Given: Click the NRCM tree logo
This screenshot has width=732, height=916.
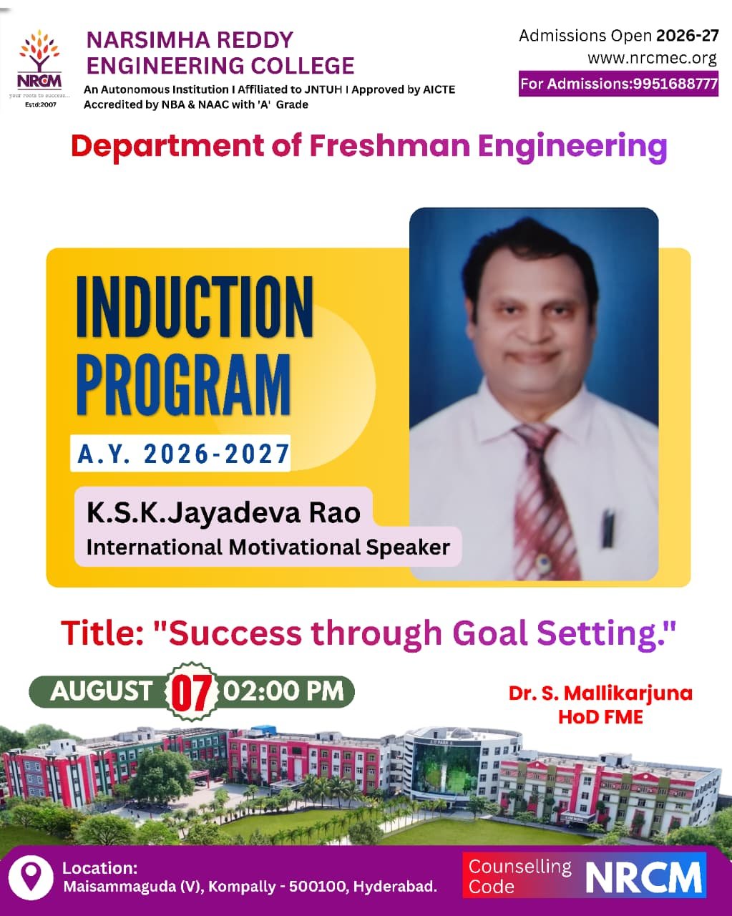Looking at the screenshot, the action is [39, 68].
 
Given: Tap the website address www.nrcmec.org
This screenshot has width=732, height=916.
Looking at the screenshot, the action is [653, 58].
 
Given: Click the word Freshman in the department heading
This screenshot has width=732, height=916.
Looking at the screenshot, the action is [390, 145].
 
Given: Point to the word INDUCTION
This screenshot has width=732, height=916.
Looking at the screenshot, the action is [195, 306].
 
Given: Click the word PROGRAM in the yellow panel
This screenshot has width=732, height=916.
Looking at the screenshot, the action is [183, 384].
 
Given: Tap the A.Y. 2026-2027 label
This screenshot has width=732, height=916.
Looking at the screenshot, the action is [183, 454].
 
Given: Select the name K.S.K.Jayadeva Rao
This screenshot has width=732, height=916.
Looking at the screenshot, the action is [223, 512].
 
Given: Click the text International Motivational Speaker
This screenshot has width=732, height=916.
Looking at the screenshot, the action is [268, 547].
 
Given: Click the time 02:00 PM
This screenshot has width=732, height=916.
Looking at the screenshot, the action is [283, 691].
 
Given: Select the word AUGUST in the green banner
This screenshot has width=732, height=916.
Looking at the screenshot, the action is [102, 691].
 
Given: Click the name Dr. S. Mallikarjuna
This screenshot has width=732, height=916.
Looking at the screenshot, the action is [600, 693].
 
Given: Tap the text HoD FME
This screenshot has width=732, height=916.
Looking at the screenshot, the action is [600, 717].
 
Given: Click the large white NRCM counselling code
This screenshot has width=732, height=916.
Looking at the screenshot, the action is [644, 877].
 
